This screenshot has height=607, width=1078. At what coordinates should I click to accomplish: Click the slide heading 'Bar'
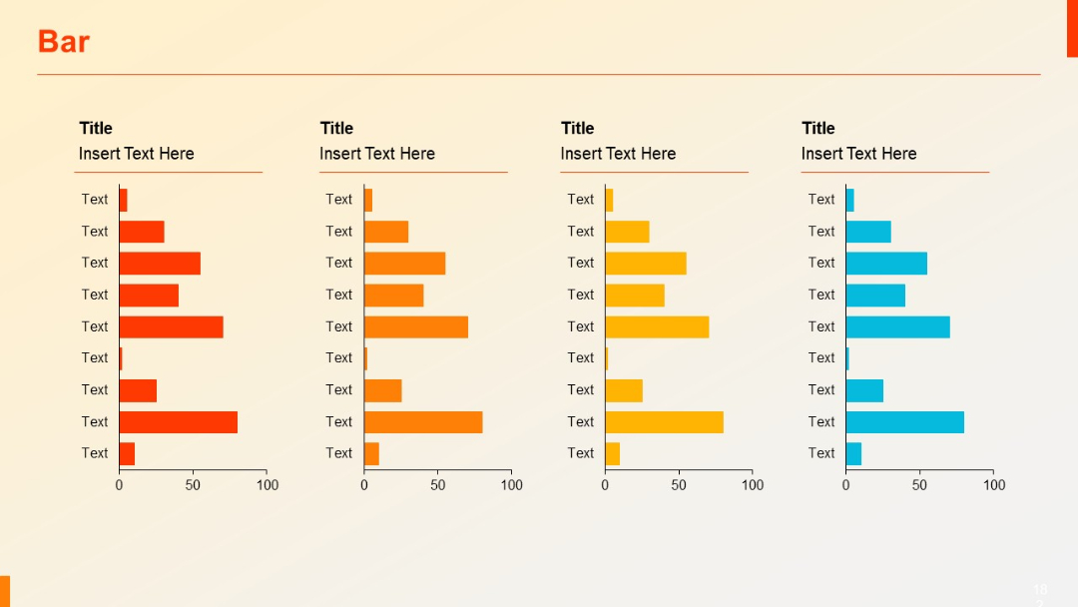63,42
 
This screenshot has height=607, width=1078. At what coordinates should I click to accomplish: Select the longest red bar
178,422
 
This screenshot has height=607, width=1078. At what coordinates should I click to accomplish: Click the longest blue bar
904,422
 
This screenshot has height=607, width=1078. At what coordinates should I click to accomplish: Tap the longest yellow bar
664,422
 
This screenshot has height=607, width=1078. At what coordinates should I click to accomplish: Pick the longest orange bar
423,422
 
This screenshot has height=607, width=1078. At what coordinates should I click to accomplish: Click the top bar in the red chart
123,200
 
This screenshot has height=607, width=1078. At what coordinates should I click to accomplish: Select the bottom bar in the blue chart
853,454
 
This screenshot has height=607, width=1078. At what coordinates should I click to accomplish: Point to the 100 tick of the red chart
268,485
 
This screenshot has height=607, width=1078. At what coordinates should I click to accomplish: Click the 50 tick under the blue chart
919,485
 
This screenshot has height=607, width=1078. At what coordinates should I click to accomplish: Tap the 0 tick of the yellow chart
605,485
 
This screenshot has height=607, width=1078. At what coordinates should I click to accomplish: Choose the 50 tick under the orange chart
438,485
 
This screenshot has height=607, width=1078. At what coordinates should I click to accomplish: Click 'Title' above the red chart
96,128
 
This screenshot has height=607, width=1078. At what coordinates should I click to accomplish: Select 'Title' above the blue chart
818,128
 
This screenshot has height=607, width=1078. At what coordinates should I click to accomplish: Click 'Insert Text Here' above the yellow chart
618,154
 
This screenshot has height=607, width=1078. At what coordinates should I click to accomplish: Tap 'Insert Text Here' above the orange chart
377,154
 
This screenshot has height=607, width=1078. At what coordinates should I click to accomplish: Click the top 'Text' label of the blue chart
821,200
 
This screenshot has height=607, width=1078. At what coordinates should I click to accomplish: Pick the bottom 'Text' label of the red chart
95,453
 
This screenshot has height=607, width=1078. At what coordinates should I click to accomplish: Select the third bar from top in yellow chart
645,264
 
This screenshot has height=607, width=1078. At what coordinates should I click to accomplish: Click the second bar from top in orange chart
386,232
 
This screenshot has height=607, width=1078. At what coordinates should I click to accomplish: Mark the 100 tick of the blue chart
994,485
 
